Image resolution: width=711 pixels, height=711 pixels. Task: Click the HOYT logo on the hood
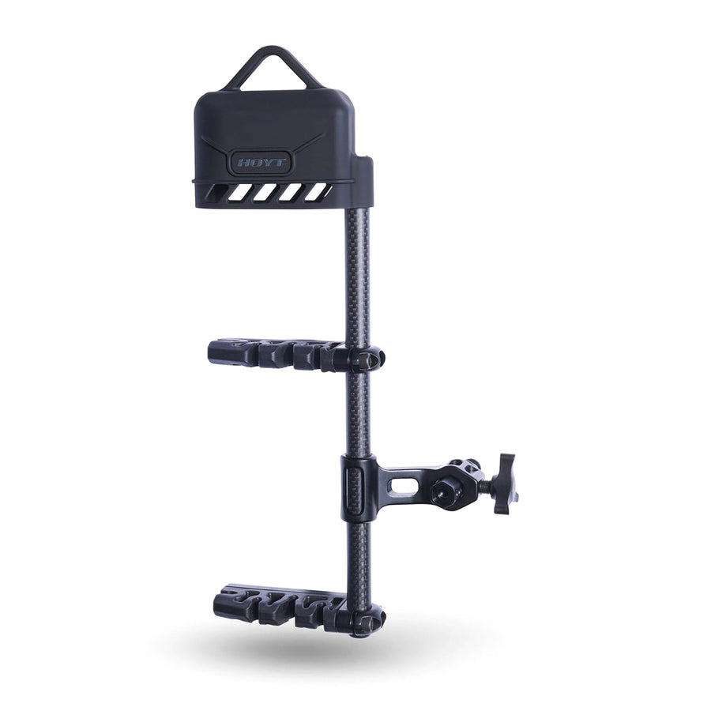pyautogui.click(x=261, y=164)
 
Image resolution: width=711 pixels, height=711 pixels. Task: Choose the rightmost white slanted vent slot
pyautogui.click(x=319, y=191)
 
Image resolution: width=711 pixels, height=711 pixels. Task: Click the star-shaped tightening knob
pyautogui.click(x=503, y=483)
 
